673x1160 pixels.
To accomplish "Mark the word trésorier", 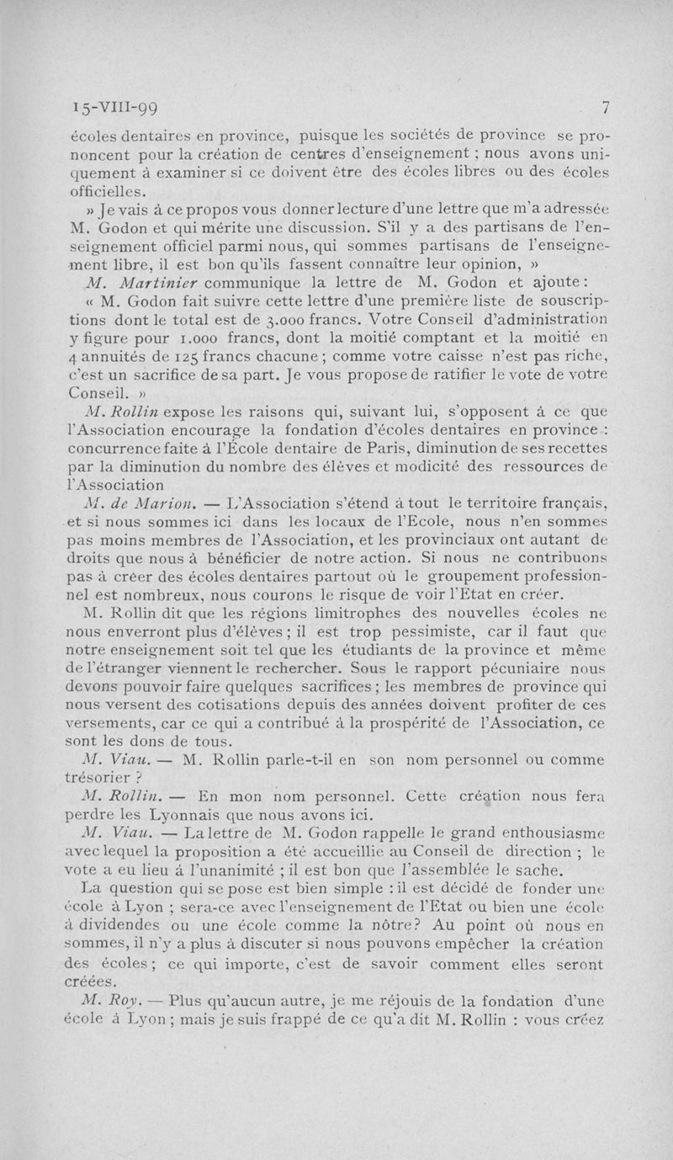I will coord(105,779).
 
